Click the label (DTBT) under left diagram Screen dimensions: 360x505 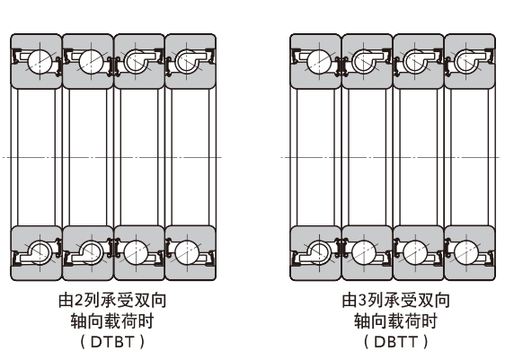[x=112, y=341]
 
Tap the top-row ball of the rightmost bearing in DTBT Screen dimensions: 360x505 [x=189, y=61]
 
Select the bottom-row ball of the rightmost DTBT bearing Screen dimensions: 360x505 [x=189, y=250]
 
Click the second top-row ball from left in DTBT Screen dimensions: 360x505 [x=88, y=61]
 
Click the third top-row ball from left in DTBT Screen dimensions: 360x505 [x=138, y=61]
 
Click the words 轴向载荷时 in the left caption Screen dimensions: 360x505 [x=112, y=320]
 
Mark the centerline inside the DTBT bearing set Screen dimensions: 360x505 [x=112, y=157]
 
